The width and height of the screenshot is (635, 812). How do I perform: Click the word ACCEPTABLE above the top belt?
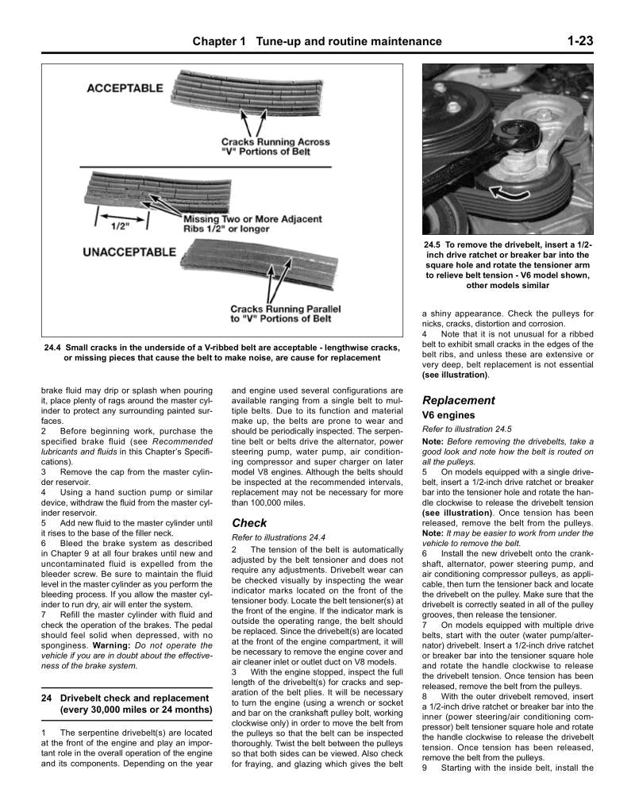[125, 88]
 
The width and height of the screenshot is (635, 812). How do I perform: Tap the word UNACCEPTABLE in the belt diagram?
[129, 252]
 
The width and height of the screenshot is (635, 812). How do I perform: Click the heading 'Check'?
[249, 523]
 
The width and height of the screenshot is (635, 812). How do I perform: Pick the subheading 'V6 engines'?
[449, 415]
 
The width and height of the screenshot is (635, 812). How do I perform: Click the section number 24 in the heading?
[47, 698]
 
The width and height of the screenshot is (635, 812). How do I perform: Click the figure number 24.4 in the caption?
[53, 347]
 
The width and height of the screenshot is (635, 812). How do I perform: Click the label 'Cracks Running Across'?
[275, 143]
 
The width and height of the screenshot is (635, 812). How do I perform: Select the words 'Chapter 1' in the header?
[219, 41]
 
